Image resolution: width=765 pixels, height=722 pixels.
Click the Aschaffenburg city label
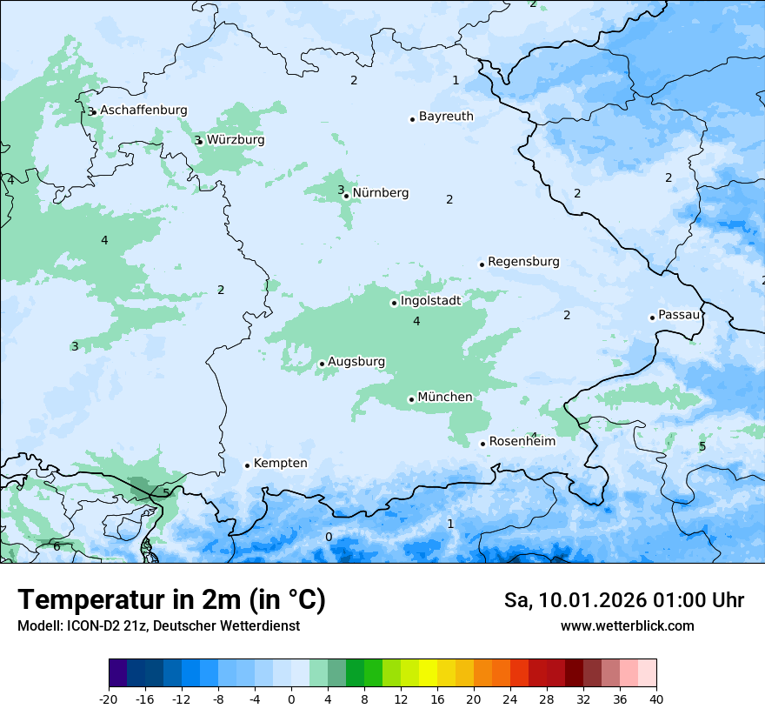click(143, 110)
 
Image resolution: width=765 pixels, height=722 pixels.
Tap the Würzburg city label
click(236, 140)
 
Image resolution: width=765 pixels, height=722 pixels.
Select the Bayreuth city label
click(446, 117)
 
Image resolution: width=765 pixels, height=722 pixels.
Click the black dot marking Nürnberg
click(347, 196)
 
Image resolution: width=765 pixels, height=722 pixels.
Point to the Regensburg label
click(523, 262)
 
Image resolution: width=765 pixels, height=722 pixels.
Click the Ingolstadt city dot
click(394, 303)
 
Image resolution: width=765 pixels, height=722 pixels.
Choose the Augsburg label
click(356, 362)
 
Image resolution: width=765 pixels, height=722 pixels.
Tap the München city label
click(445, 398)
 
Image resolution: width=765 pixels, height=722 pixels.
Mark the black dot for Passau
click(652, 318)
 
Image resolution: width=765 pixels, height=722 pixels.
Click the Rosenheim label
click(522, 442)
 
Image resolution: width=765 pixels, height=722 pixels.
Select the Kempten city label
click(280, 464)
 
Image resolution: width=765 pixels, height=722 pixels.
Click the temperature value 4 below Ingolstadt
click(416, 322)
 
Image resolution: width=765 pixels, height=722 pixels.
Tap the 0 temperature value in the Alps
click(329, 537)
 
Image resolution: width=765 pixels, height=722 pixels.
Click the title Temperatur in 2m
click(171, 600)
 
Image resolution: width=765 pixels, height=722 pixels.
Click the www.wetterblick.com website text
click(627, 626)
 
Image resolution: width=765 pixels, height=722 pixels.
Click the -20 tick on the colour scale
click(109, 699)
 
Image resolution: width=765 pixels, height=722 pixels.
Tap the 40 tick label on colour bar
click(656, 699)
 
